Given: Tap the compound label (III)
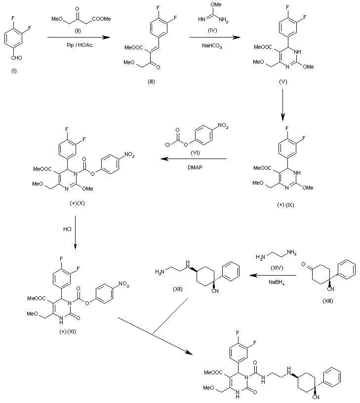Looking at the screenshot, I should pyautogui.click(x=151, y=81).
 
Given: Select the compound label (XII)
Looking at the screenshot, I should pyautogui.click(x=176, y=289).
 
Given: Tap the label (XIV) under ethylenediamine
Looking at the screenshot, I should pyautogui.click(x=276, y=266).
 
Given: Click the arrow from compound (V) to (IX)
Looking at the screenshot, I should pyautogui.click(x=282, y=105).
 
